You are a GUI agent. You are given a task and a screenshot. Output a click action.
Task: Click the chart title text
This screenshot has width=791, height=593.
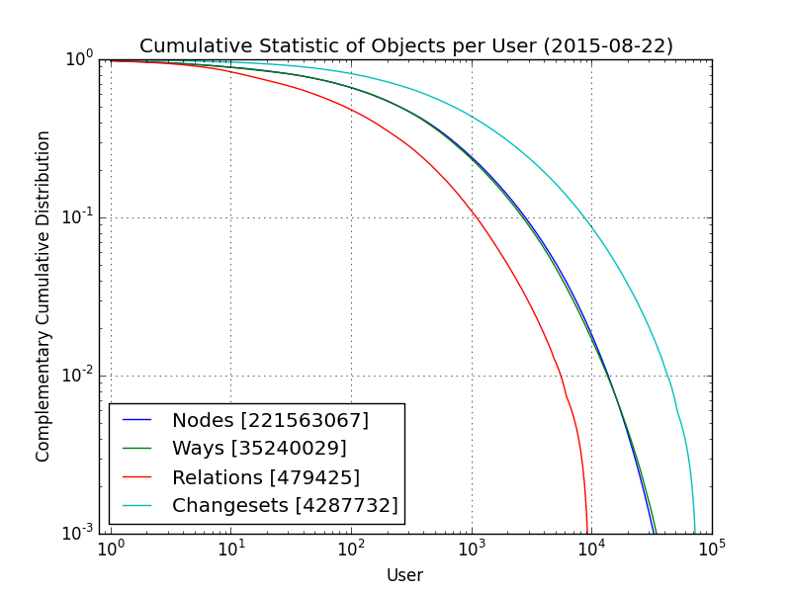(x=405, y=46)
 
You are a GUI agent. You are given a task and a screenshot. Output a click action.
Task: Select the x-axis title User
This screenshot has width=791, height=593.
(x=404, y=575)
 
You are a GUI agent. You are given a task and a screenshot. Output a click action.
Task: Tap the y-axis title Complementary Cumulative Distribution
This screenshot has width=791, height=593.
(x=44, y=296)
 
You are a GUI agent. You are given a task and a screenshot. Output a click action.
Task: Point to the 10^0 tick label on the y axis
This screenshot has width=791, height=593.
(x=79, y=58)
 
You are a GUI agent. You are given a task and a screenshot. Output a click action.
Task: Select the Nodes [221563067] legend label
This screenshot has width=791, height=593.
(x=270, y=421)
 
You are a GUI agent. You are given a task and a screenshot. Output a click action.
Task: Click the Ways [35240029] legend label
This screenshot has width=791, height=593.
(x=259, y=449)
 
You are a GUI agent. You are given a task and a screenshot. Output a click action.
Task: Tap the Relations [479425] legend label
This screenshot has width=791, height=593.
(x=266, y=477)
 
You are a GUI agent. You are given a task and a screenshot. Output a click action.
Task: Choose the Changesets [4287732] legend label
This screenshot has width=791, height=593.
(x=285, y=506)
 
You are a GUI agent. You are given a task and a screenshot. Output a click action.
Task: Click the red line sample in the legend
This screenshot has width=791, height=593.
(x=136, y=477)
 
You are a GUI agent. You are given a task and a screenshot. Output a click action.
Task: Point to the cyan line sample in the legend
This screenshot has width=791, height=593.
(x=136, y=506)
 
